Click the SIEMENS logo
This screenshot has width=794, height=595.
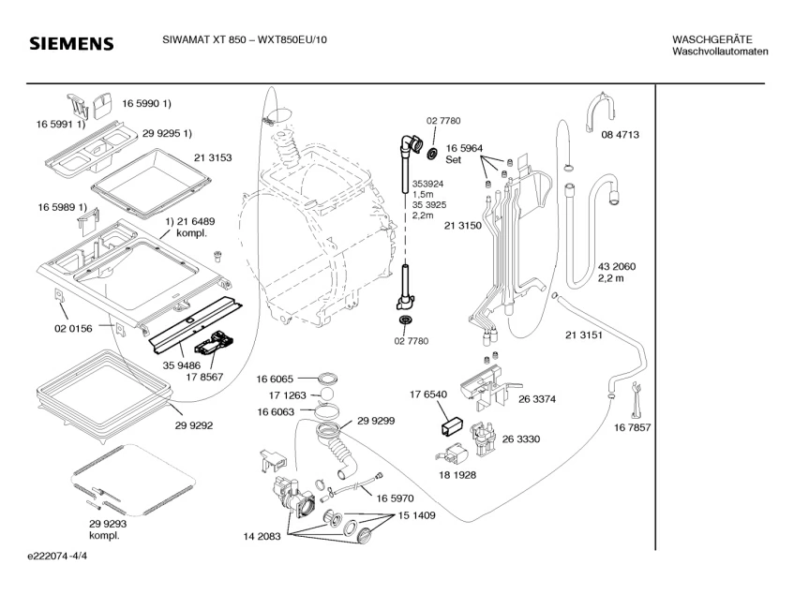[70, 44]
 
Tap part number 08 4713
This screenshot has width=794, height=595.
[620, 135]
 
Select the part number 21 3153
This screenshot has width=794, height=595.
[214, 156]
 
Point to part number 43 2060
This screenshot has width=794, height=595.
[617, 267]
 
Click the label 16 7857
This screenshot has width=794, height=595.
[633, 428]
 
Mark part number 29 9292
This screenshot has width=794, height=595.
[194, 424]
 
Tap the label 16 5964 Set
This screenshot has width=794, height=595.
[464, 154]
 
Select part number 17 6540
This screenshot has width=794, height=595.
[427, 394]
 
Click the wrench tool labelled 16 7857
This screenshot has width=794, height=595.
[636, 397]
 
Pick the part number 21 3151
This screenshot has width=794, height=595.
[583, 335]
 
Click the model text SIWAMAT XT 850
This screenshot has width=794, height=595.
[194, 39]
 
